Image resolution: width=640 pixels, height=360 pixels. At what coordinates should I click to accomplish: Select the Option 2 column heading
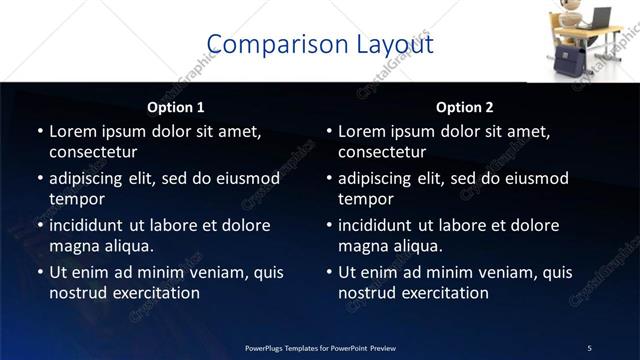tap(465, 107)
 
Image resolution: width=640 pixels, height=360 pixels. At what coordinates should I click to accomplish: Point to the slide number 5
tap(589, 348)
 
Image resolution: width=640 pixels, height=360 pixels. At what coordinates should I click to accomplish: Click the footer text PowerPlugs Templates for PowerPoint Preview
tap(320, 348)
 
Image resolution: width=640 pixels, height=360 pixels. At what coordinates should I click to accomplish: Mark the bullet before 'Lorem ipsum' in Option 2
tap(329, 131)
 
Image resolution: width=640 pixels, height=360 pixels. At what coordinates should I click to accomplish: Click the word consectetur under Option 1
tap(93, 152)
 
